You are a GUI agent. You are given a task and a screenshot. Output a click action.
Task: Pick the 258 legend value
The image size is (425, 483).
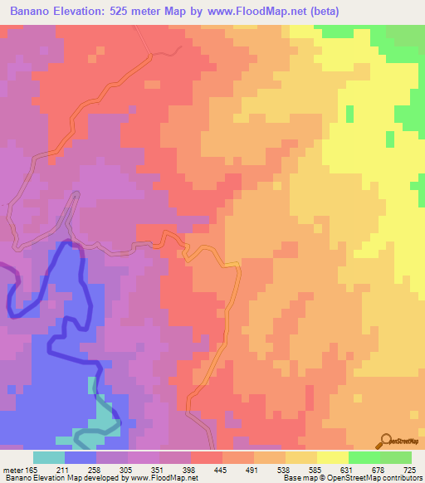coord(95,470)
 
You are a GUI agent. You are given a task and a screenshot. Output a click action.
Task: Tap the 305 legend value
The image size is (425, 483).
coord(126,470)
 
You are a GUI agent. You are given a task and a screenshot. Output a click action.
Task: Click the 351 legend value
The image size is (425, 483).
coord(158,470)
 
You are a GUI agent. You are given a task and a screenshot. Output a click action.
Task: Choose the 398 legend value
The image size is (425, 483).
coord(190,470)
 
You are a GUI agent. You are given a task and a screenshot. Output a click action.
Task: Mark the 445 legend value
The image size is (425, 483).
coord(222,470)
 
